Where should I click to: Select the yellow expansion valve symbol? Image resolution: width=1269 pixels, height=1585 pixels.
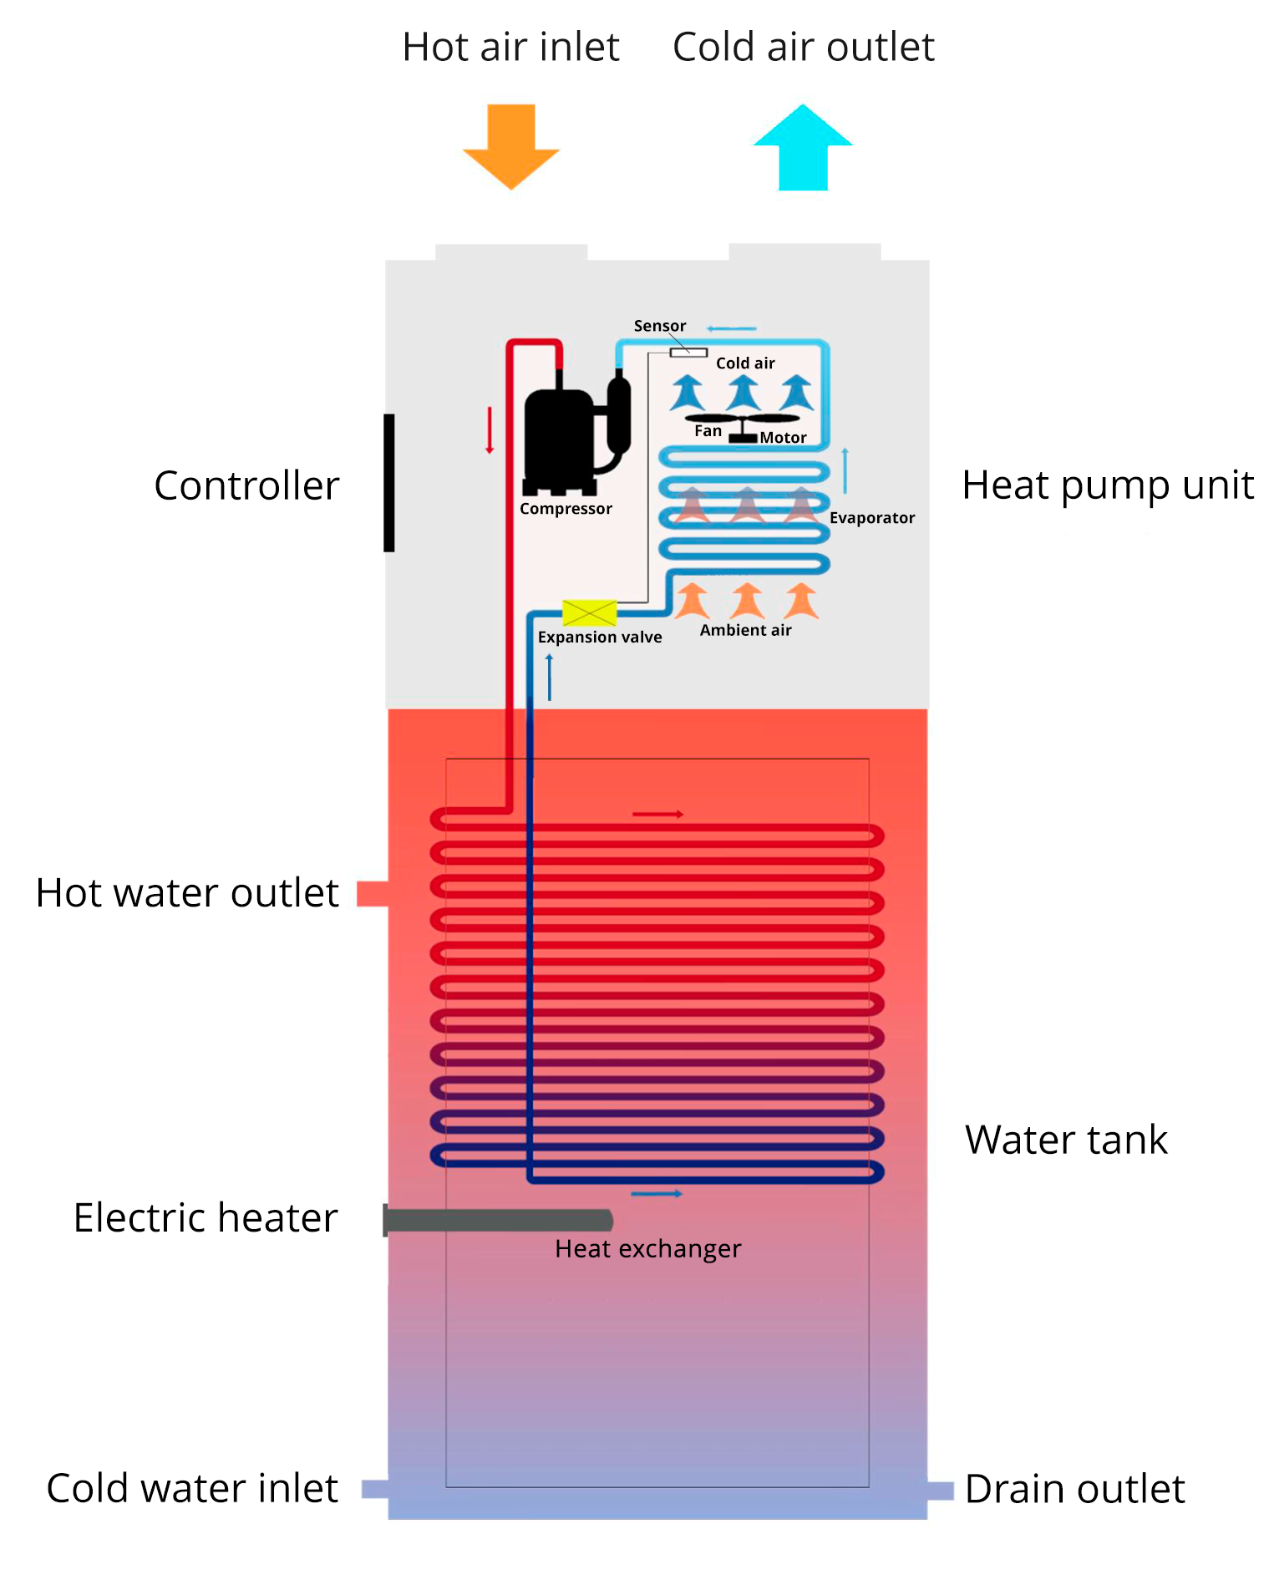coord(589,612)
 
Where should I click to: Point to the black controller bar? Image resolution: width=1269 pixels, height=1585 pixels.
coord(388,482)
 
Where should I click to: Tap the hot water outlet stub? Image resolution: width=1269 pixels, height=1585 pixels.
coord(373,893)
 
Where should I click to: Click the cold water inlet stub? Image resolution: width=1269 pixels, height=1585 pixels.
coord(375,1489)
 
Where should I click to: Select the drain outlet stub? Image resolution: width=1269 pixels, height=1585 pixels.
coord(940,1490)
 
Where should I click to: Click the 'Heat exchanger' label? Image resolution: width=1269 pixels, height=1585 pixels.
coord(647,1249)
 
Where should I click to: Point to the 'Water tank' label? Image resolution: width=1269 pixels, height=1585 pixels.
coord(1065,1140)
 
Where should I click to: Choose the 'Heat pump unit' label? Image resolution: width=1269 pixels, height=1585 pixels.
coord(1108,485)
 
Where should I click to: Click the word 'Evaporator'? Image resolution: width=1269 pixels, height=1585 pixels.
coord(871,518)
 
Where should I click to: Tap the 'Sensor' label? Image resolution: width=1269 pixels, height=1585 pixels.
coord(659,326)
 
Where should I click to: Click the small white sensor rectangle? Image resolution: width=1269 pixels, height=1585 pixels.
coord(688,353)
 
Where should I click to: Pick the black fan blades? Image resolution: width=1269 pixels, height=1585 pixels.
coord(742,418)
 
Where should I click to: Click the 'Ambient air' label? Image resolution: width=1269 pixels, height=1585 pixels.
coord(745,631)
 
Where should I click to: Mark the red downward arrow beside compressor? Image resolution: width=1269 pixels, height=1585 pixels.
coord(490,430)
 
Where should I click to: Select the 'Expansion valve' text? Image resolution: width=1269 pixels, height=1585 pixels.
coord(599,638)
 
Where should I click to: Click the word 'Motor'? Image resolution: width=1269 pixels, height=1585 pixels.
coord(783,438)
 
